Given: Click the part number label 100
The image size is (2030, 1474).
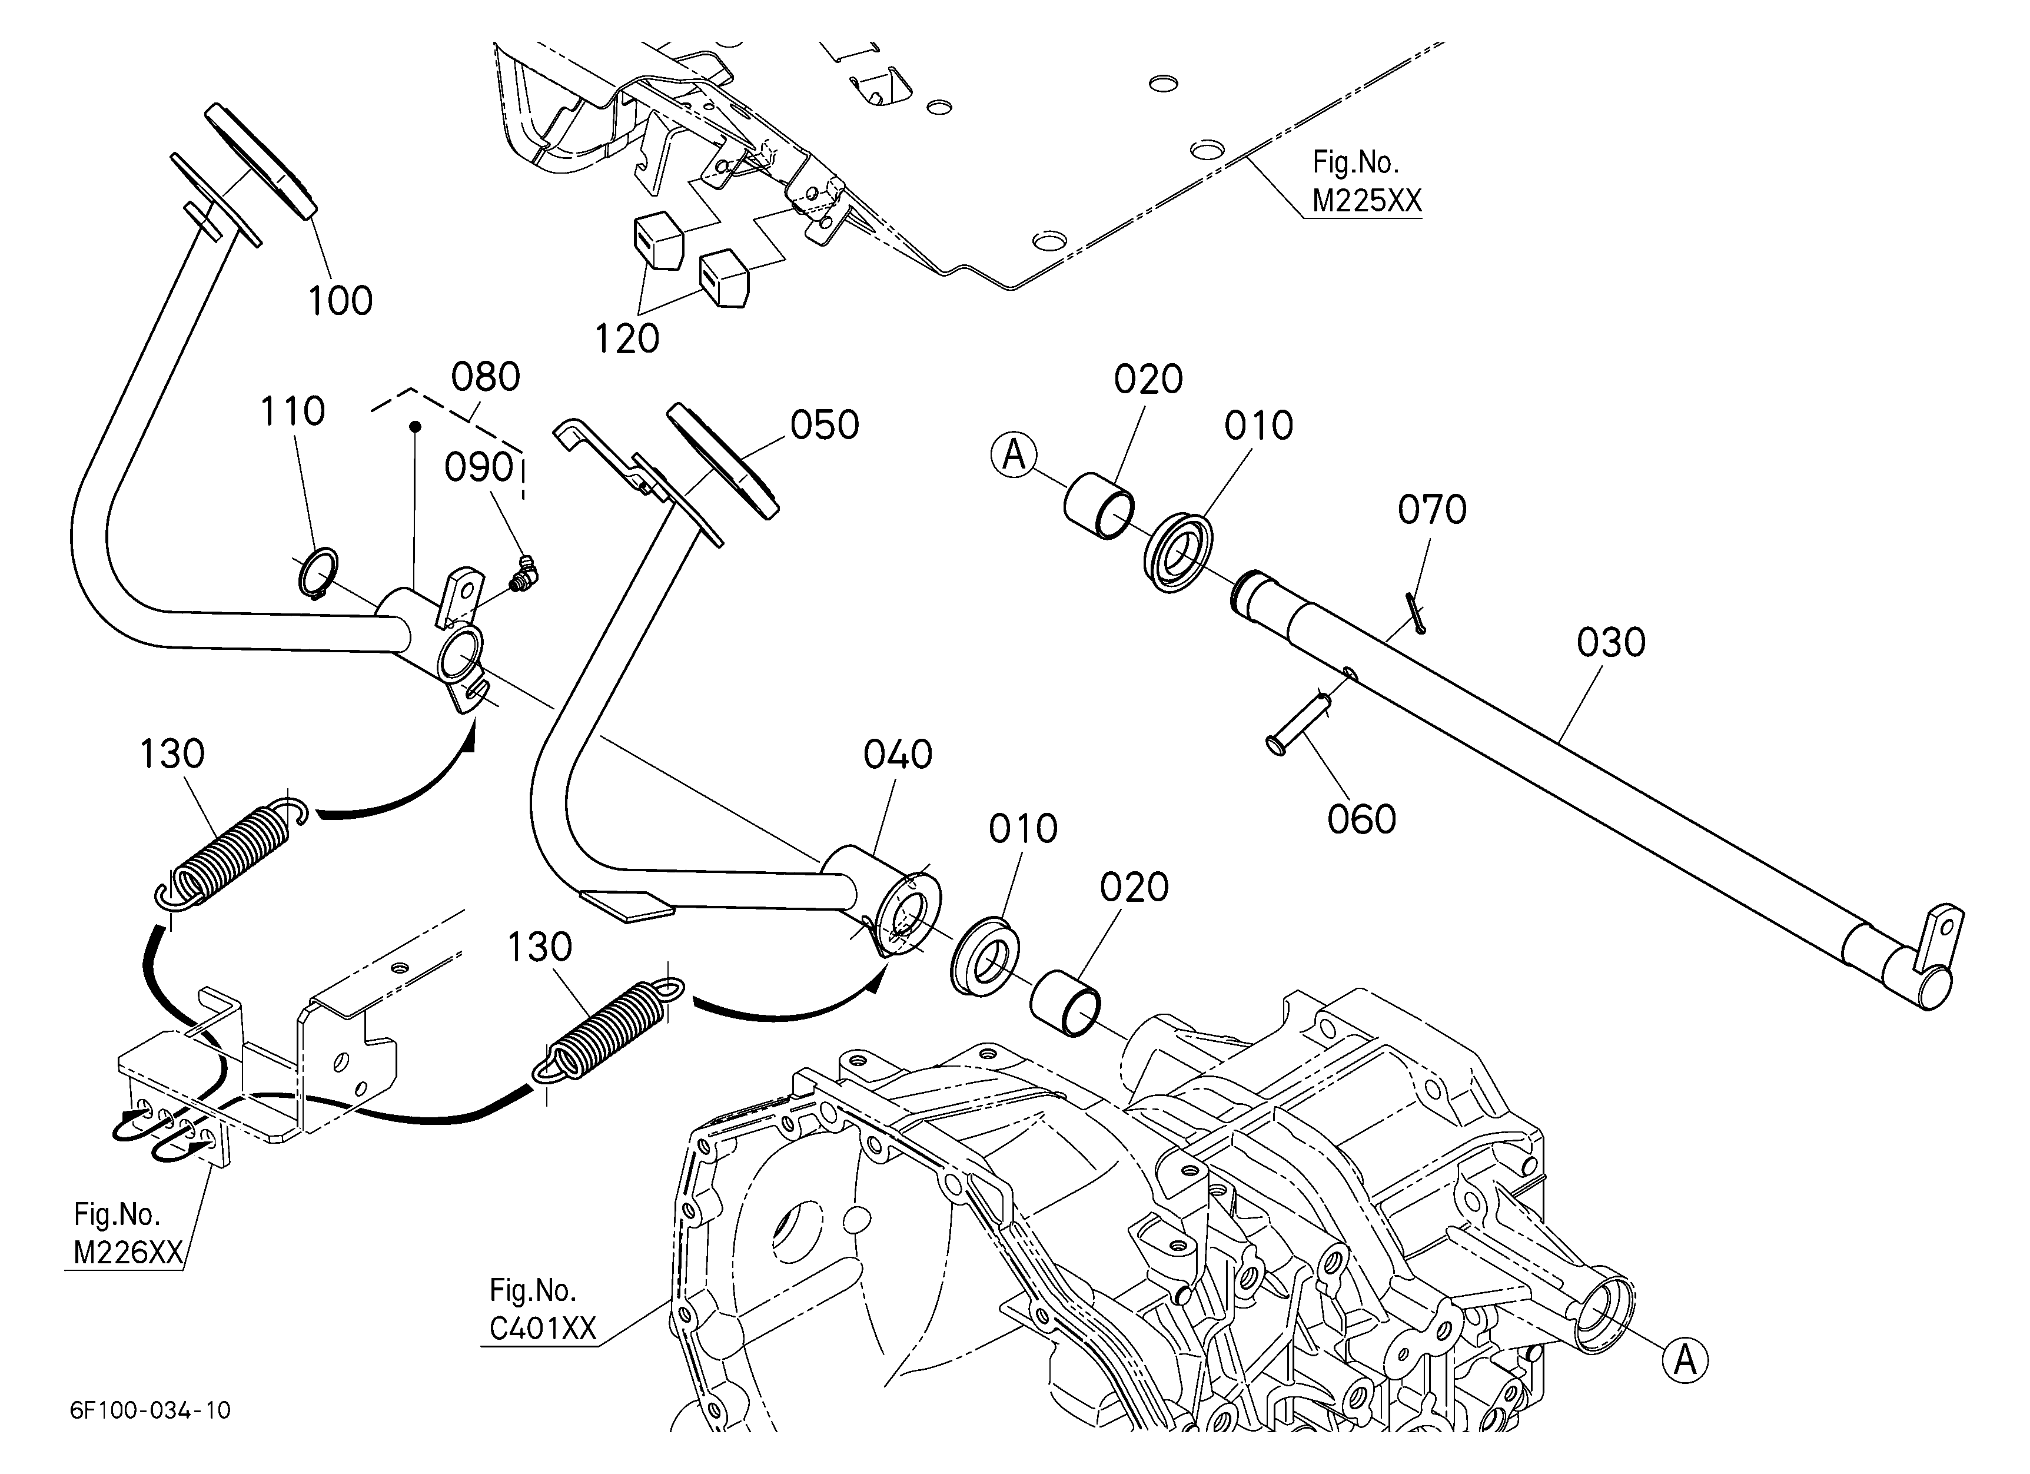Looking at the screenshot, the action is point(340,301).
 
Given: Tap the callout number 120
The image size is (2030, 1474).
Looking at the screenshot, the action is point(627,339).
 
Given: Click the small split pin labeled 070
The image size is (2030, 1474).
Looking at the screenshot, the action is point(1415,613).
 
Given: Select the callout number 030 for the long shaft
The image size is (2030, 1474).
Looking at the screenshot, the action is point(1611,643).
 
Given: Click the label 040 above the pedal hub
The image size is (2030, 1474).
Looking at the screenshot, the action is point(898,755).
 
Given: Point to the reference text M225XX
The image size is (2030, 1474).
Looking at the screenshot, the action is point(1367,201).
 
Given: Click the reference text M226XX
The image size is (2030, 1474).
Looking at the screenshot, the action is point(128,1253).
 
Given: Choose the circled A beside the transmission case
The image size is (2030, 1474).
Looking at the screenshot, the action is point(1686,1361).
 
